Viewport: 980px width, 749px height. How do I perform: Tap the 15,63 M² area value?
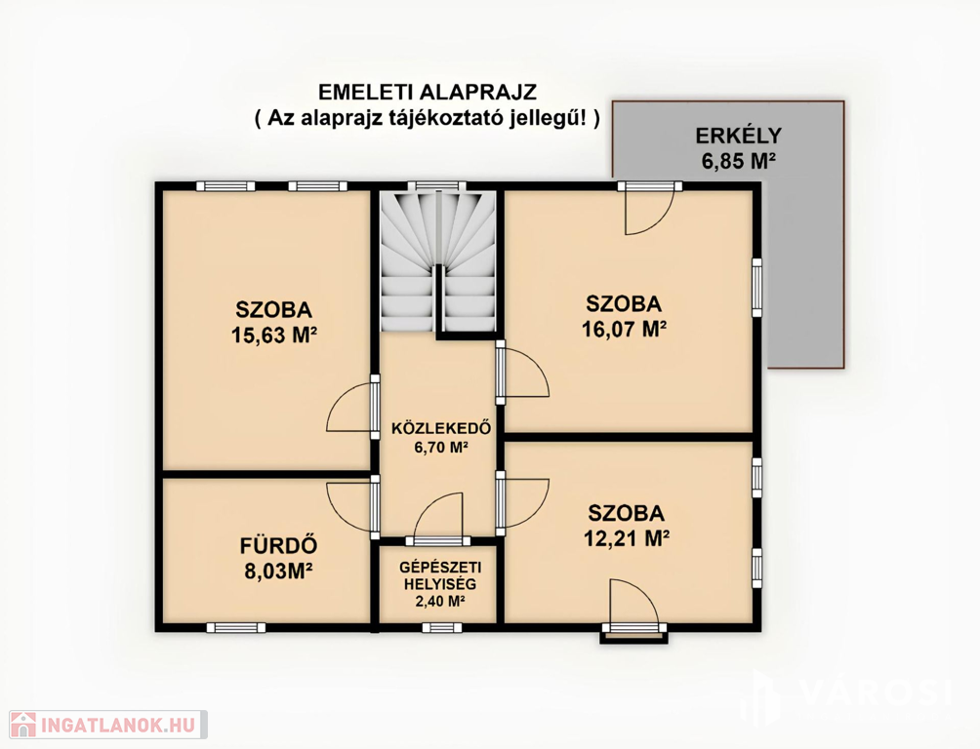pyautogui.click(x=273, y=335)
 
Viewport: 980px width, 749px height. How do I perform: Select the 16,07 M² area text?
pyautogui.click(x=624, y=329)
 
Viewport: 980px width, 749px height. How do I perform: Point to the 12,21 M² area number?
pyautogui.click(x=627, y=537)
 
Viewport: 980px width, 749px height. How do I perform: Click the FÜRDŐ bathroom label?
pyautogui.click(x=279, y=545)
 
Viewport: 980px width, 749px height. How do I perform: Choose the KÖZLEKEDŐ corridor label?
pyautogui.click(x=441, y=428)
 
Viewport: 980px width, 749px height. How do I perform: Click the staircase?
pyautogui.click(x=438, y=261)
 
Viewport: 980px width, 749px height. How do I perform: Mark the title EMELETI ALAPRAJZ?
pyautogui.click(x=428, y=93)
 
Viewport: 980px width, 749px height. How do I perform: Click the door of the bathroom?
pyautogui.click(x=353, y=507)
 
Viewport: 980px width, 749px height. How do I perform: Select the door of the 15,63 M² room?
pyautogui.click(x=353, y=406)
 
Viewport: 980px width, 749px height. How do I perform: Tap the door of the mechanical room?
pyautogui.click(x=439, y=520)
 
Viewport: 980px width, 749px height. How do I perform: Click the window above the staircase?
pyautogui.click(x=437, y=185)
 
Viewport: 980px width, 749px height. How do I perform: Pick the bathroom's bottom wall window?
pyautogui.click(x=235, y=627)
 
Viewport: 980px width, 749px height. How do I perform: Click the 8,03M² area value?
pyautogui.click(x=279, y=571)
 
